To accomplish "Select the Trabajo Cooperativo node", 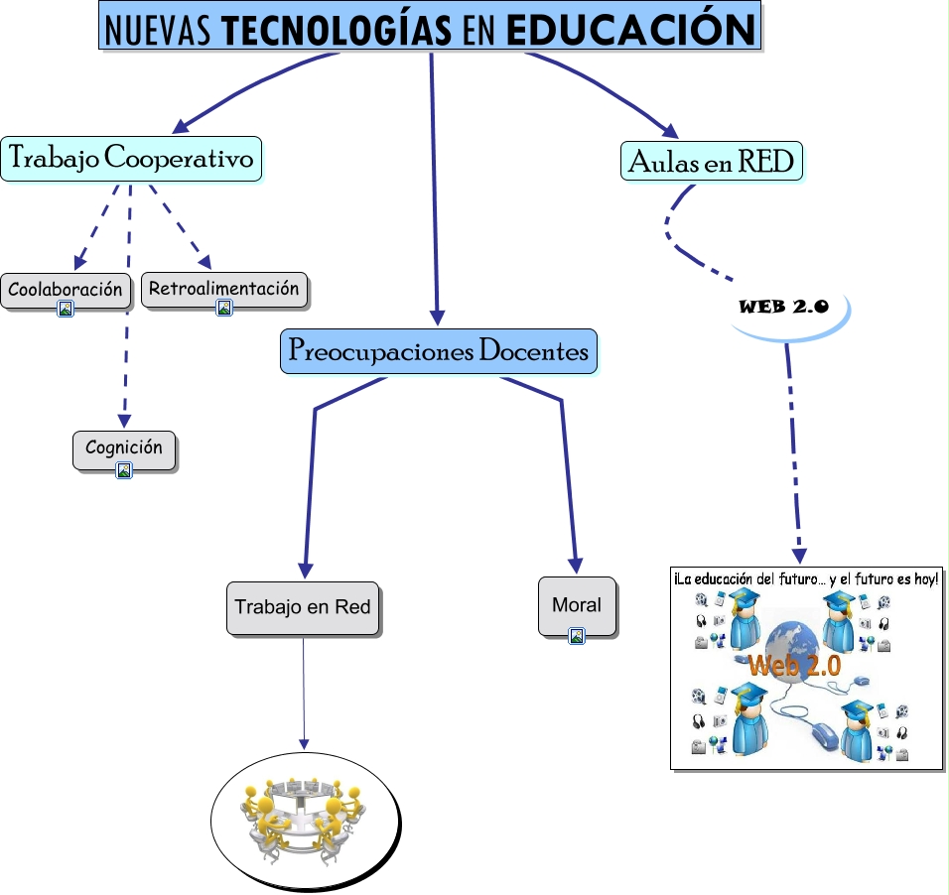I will [x=131, y=158].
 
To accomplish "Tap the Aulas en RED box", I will [x=712, y=160].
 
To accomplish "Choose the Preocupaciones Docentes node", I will [x=438, y=351].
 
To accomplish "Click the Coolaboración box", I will [x=66, y=290].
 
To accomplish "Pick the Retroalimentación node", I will [x=223, y=289].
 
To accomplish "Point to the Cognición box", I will [x=124, y=448].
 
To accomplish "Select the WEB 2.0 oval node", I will [x=783, y=307].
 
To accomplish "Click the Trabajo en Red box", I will [x=303, y=605].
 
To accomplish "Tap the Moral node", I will [x=577, y=604].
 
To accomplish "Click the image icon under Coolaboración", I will [x=66, y=310].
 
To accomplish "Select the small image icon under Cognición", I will [x=124, y=470].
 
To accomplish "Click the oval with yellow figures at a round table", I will [x=305, y=820].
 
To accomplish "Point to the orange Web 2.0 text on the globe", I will [x=794, y=665].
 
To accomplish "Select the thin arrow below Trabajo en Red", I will [x=304, y=695].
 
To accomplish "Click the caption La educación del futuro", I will [x=805, y=578].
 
